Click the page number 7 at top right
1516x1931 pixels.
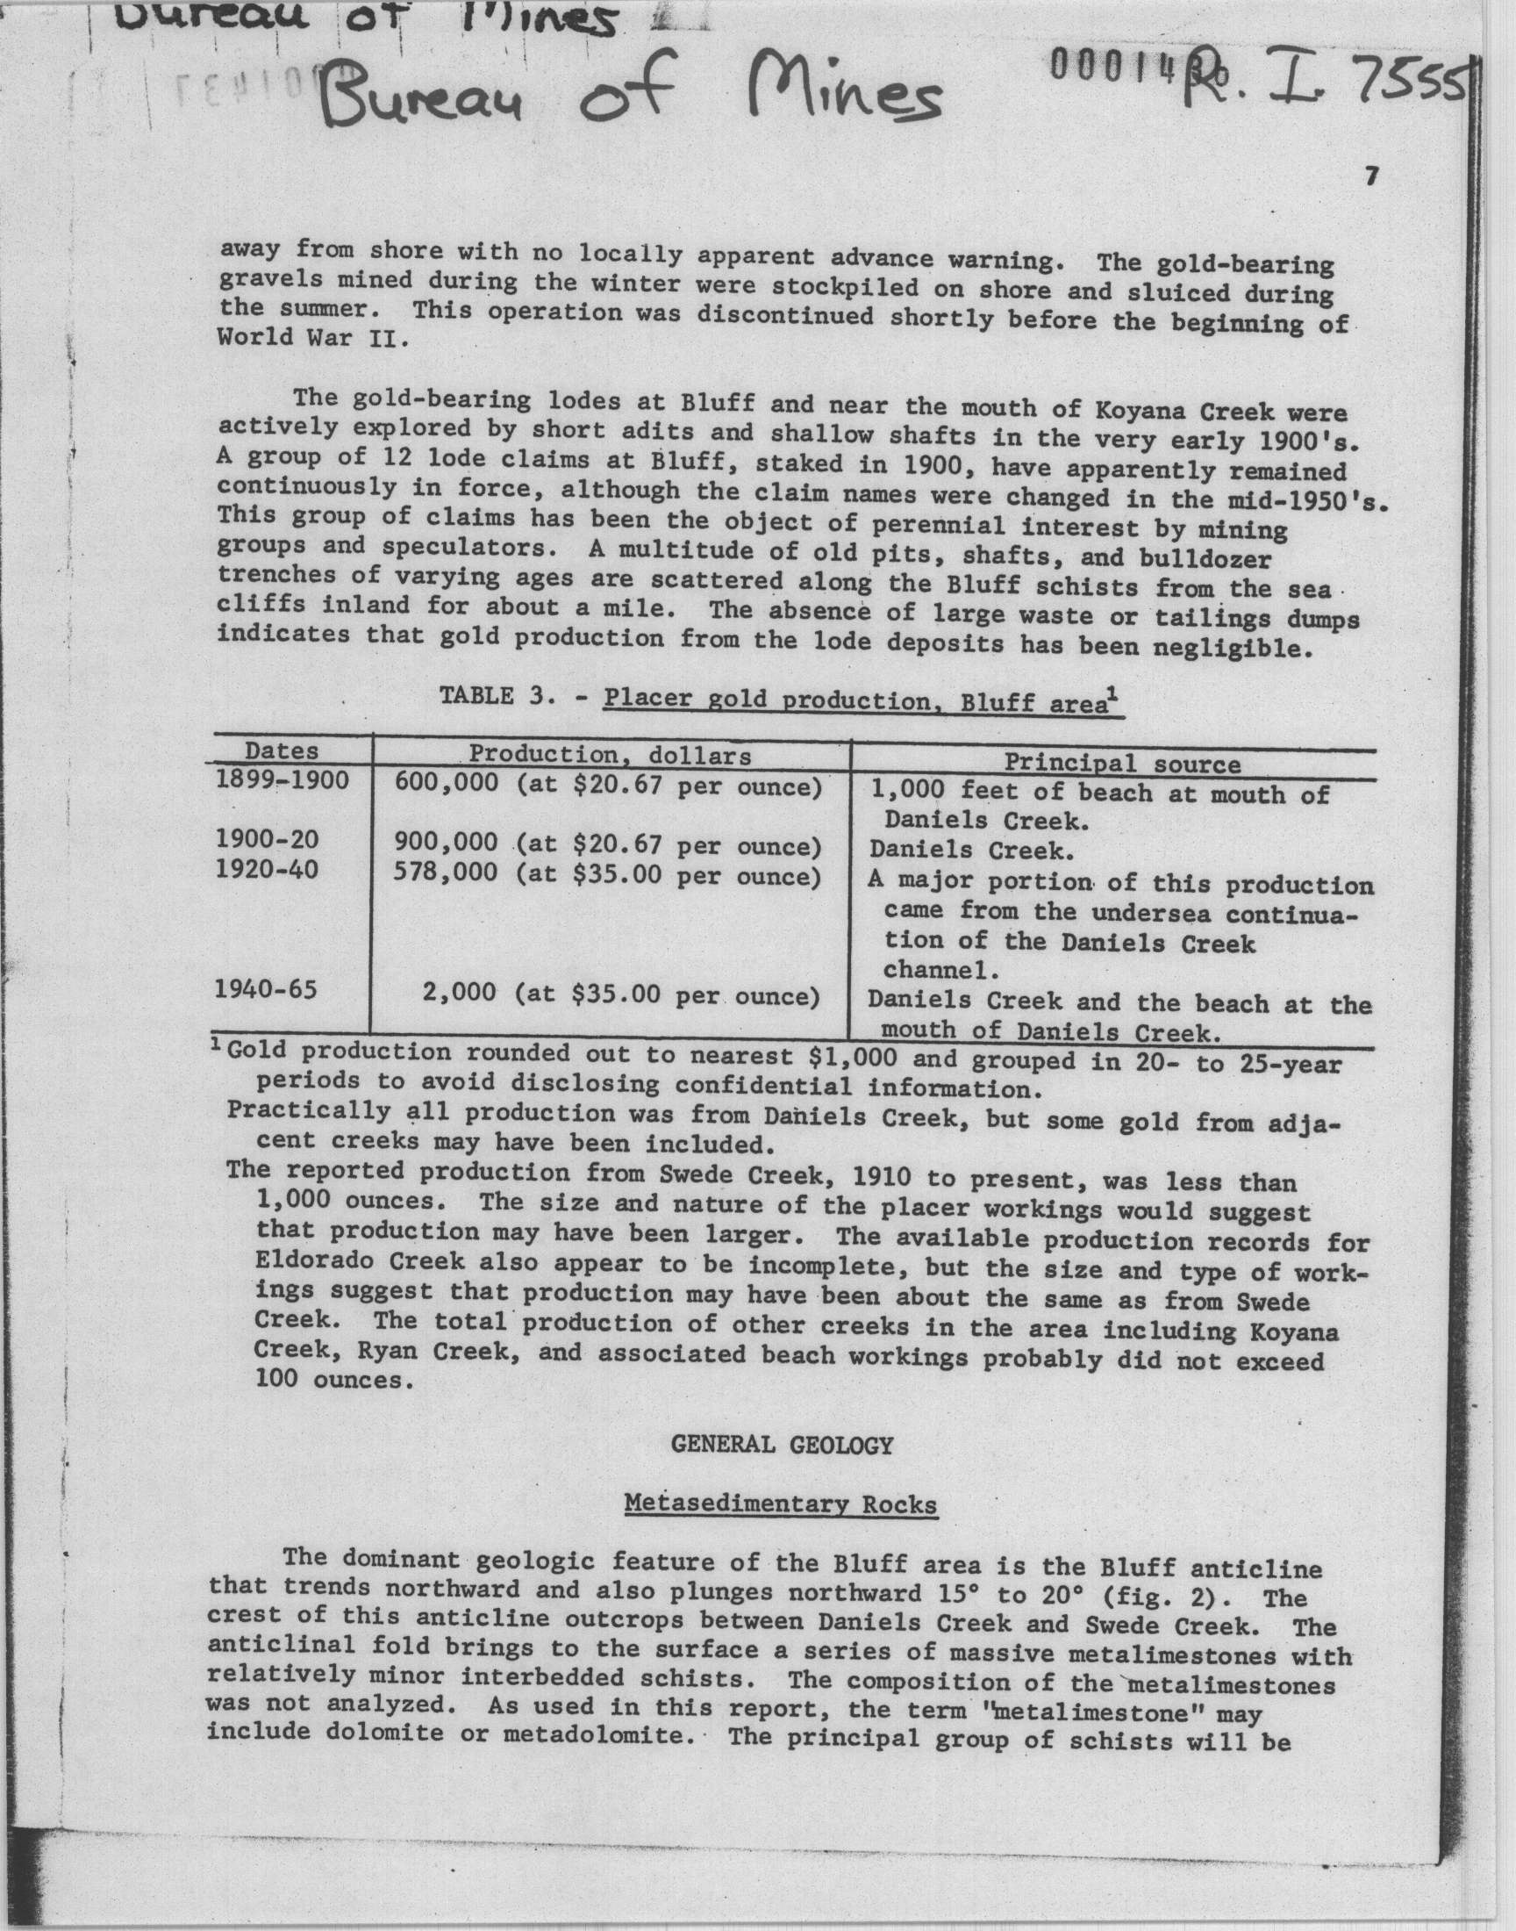coord(1371,177)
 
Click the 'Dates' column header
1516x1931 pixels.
coord(282,750)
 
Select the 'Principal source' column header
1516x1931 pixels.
coord(1122,764)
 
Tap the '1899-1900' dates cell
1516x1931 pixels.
coord(282,779)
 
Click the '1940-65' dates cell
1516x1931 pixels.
coord(266,989)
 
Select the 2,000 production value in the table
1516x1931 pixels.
coord(459,993)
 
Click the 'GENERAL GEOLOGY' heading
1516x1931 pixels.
coord(781,1446)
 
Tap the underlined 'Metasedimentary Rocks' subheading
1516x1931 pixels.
coord(781,1504)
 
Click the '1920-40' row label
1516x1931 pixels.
coord(267,869)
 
